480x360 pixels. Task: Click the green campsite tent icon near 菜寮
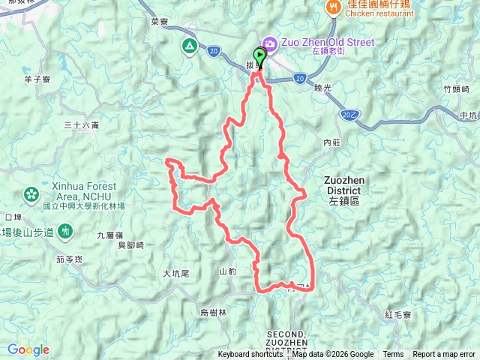click(189, 46)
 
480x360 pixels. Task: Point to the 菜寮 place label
click(158, 22)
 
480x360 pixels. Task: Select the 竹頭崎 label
click(456, 88)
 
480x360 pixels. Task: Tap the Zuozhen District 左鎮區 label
click(343, 190)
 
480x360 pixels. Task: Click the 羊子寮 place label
click(37, 77)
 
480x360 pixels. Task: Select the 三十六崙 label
click(81, 125)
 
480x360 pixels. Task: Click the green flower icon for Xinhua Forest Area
click(31, 194)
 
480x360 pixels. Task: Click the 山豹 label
click(228, 271)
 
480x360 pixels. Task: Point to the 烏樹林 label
click(213, 313)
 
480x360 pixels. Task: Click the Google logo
click(28, 349)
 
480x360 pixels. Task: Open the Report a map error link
click(444, 355)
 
